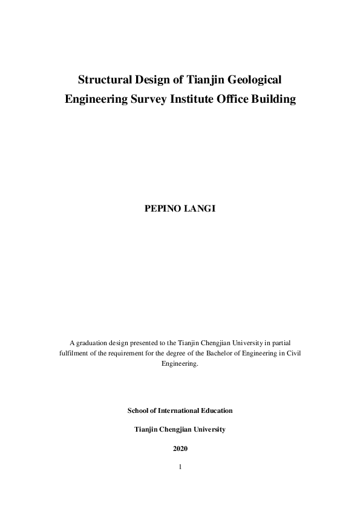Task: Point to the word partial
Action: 280,342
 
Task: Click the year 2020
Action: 180,449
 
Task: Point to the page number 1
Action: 180,467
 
